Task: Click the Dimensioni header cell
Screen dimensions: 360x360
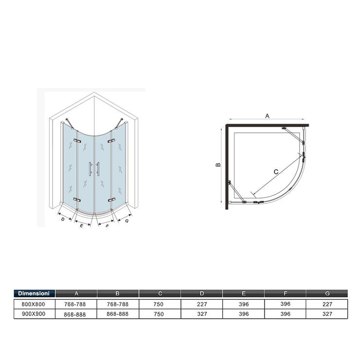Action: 35,293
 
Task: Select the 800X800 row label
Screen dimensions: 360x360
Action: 33,304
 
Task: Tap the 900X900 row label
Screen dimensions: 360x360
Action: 34,314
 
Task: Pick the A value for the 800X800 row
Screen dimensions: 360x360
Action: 75,304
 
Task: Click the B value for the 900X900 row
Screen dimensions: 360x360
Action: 118,314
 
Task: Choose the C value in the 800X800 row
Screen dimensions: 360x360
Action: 159,304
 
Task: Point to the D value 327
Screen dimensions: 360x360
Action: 202,314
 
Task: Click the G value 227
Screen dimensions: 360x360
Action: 327,304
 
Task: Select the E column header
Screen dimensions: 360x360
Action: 244,293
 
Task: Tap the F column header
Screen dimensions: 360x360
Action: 286,293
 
